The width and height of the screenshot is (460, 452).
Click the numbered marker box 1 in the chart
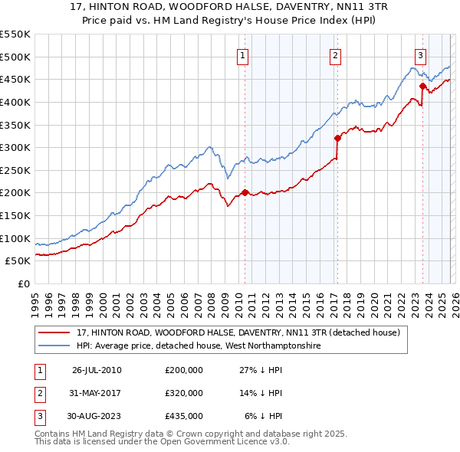[x=242, y=54]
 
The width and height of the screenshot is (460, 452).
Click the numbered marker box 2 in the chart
[x=336, y=54]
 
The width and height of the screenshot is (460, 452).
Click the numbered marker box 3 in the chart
[x=421, y=54]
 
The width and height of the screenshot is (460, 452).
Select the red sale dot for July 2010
[x=245, y=192]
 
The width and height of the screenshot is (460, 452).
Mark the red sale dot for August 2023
[x=422, y=86]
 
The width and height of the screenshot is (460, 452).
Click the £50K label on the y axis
[x=18, y=261]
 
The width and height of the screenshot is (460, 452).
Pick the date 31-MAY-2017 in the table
[x=97, y=393]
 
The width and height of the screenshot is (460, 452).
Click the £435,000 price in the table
[x=184, y=416]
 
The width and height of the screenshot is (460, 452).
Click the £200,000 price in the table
[x=184, y=370]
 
